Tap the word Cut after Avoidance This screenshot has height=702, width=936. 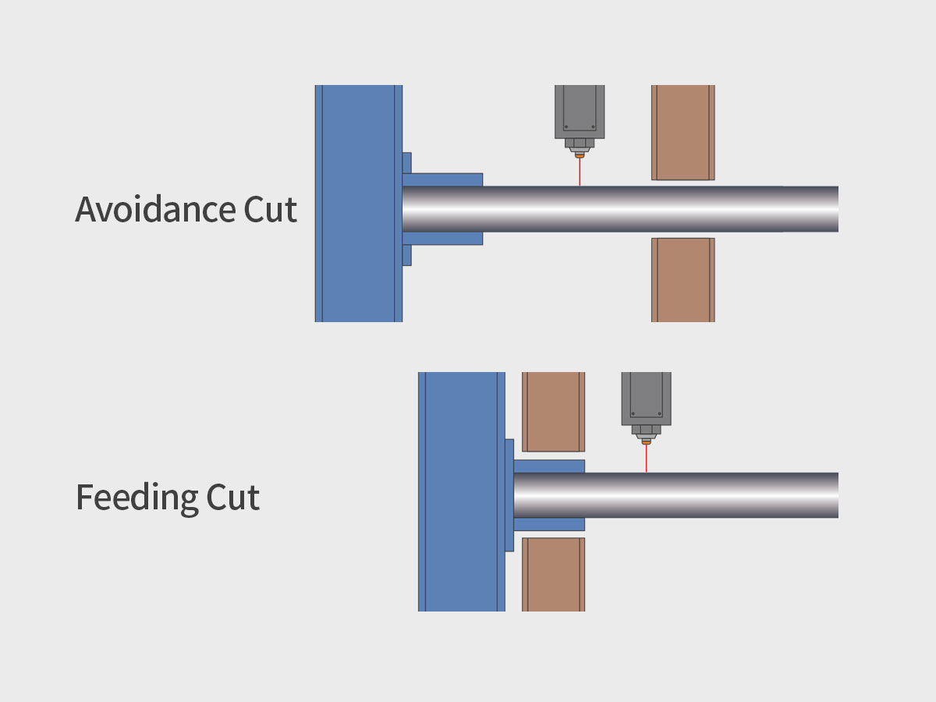[x=265, y=211]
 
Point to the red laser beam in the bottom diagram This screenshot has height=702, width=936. [x=646, y=459]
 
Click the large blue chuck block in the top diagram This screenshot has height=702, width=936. [x=358, y=203]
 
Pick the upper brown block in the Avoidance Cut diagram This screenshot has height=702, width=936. [x=683, y=133]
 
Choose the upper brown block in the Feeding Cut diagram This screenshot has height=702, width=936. [x=553, y=412]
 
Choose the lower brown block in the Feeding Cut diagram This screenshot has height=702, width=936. [x=553, y=574]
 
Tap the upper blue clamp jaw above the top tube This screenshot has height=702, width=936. [x=443, y=179]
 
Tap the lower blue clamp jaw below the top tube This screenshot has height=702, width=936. [x=443, y=238]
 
